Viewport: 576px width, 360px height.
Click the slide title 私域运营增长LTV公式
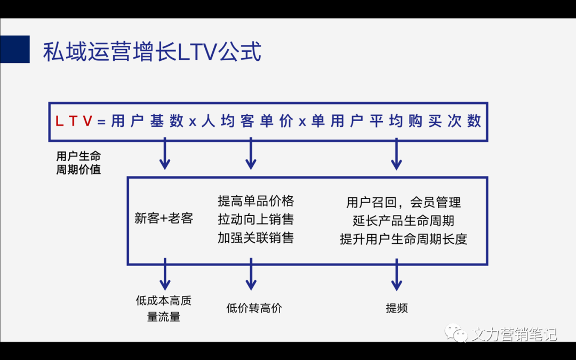point(152,53)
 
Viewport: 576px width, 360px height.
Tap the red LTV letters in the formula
point(76,122)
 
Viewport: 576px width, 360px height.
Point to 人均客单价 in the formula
point(247,122)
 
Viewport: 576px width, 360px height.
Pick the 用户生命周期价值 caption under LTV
point(78,163)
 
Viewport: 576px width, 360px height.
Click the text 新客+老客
point(164,218)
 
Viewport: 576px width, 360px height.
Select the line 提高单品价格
point(255,201)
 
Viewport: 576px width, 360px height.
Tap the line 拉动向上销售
point(255,219)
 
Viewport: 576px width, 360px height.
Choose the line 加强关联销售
point(255,237)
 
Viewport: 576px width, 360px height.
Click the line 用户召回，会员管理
point(403,202)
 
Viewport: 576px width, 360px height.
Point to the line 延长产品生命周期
point(403,220)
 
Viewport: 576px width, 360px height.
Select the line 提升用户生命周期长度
point(403,239)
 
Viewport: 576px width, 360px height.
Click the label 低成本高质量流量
point(164,308)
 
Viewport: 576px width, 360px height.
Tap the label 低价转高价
point(254,308)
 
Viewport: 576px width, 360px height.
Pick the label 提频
point(396,308)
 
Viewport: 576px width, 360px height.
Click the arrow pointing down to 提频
point(396,275)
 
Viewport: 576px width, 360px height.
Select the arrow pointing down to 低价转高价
point(251,275)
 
